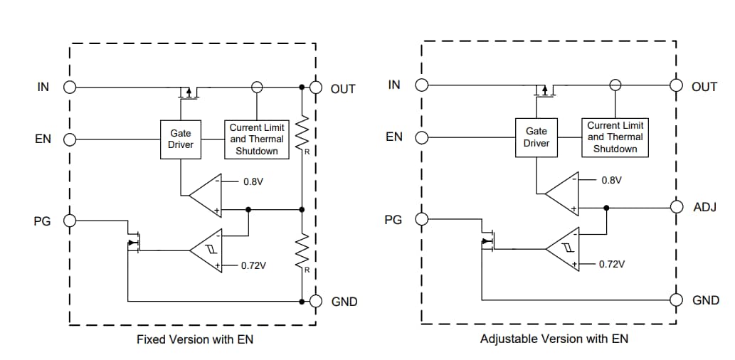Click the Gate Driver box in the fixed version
pos(181,139)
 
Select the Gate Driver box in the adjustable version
pos(536,137)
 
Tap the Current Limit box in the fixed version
pos(257,139)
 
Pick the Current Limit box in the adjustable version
pos(615,137)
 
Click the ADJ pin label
pos(705,207)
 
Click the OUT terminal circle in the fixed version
pos(316,88)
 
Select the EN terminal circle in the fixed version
pos(70,139)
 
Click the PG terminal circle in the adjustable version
pos(422,219)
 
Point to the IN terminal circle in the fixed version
pos(70,88)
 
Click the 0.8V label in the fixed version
pos(253,181)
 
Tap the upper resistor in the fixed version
pos(302,132)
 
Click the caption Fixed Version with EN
pos(194,339)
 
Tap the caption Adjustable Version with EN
pos(554,339)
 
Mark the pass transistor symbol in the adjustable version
pos(544,90)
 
